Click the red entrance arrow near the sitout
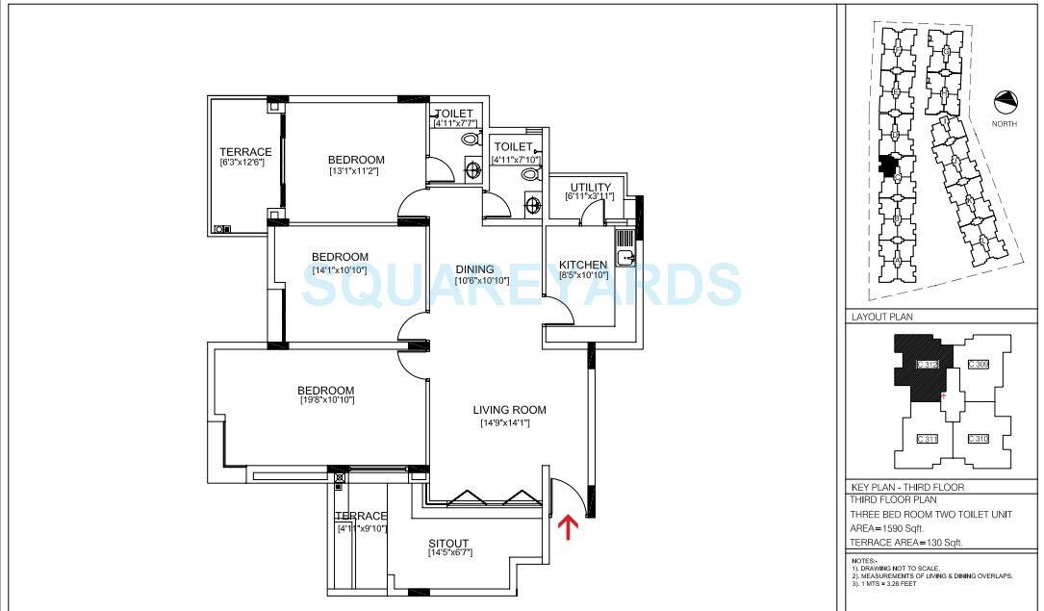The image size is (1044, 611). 568,526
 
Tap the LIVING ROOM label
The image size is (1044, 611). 509,410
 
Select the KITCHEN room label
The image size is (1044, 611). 583,265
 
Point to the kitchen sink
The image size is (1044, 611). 625,257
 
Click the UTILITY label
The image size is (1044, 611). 590,188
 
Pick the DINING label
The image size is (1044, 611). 474,269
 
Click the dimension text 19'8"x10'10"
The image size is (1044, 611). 327,399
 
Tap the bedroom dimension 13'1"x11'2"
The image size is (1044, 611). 356,171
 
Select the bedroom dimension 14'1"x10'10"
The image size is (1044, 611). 340,270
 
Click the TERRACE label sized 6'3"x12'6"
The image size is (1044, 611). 245,152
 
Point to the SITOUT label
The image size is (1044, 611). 448,545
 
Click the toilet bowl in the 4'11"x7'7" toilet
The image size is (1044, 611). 470,140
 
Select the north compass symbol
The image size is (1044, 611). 1006,100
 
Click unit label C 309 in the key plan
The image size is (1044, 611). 978,364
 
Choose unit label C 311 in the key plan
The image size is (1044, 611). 928,439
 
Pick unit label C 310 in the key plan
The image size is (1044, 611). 978,439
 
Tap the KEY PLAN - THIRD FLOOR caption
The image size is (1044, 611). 907,487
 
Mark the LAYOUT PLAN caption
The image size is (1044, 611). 882,317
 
